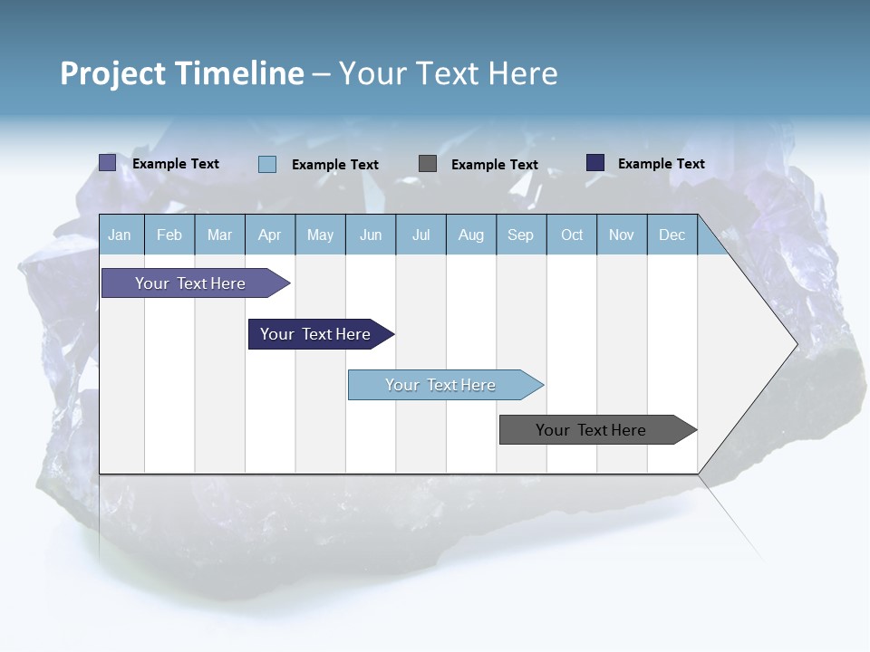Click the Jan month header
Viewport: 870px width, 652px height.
[120, 235]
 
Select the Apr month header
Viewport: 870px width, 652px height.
[269, 235]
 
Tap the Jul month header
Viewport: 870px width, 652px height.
[420, 235]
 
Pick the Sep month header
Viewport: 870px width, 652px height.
[520, 235]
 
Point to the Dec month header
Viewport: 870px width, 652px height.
[672, 235]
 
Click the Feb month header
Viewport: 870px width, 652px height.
[169, 235]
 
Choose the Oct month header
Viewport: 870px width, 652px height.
[572, 235]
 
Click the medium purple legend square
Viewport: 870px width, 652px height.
[108, 163]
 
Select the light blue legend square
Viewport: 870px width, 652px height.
[267, 164]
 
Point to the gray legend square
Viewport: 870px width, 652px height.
[428, 164]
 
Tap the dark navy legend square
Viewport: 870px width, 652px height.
[595, 163]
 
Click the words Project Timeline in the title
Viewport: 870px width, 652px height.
[182, 73]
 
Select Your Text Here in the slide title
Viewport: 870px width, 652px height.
[448, 73]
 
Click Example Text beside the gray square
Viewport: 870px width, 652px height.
[494, 165]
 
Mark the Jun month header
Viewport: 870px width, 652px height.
[371, 235]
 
